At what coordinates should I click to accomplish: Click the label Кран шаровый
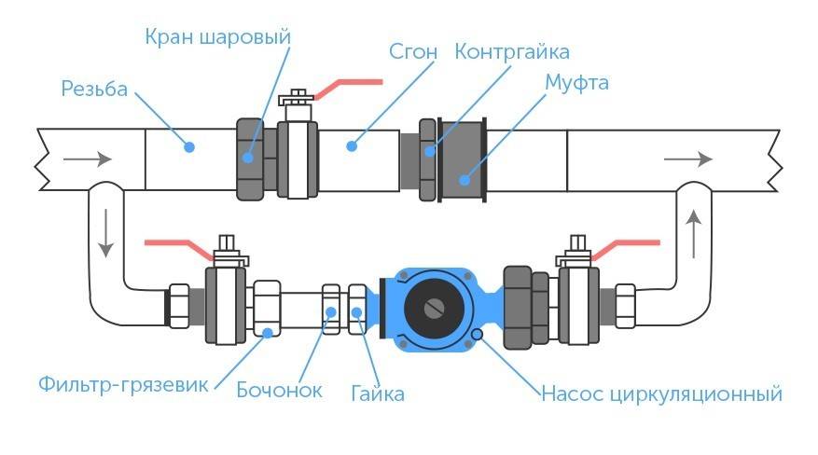218,37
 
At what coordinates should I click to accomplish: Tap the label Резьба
94,90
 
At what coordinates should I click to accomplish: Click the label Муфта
576,83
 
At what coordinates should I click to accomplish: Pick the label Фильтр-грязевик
125,383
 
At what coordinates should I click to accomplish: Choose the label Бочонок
279,390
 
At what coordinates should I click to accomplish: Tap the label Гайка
378,393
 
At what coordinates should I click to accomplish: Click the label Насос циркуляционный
661,393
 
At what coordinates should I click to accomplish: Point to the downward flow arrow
105,233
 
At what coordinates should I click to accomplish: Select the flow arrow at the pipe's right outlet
686,159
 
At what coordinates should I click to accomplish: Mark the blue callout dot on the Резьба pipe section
189,146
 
